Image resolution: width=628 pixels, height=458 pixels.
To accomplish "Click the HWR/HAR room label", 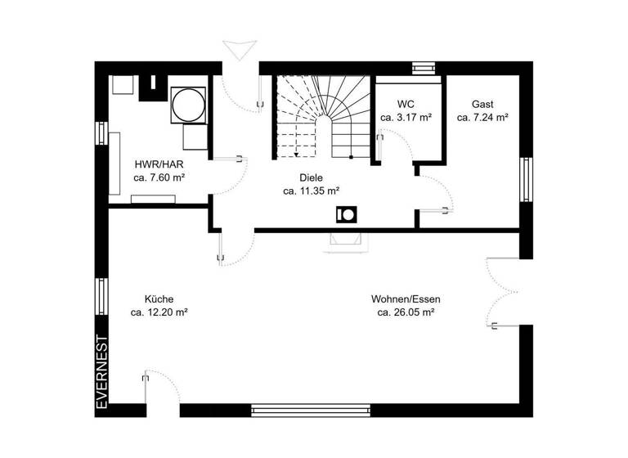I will coord(159,163).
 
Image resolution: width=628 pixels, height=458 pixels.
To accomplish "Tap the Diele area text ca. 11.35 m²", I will coord(311,191).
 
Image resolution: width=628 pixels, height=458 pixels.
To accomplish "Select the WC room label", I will coord(406,104).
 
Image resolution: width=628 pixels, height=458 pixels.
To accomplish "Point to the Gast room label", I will coord(482,104).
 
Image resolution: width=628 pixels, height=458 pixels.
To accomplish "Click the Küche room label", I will coord(159,299).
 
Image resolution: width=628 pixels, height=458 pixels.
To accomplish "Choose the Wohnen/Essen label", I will coord(405,299).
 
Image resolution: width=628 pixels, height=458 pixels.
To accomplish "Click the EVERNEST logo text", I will coord(102,372).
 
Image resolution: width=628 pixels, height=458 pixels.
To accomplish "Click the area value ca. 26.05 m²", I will coord(405,312).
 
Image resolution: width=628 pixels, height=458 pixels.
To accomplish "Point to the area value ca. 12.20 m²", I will coord(159,312).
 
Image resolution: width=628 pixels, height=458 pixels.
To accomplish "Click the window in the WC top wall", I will coord(424,68).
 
